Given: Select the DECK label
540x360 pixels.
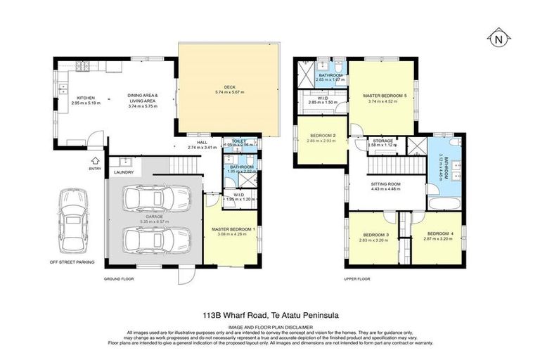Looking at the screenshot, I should click(229, 86).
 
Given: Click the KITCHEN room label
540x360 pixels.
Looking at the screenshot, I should click(86, 98).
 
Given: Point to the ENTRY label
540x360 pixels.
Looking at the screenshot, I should click(96, 169).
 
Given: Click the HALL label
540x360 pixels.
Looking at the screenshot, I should click(202, 141).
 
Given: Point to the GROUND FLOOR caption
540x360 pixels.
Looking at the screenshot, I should click(119, 279).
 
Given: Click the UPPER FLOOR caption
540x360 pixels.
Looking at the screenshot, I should click(358, 279).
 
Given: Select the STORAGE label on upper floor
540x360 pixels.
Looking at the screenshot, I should click(383, 141).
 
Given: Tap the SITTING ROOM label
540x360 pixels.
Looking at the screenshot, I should click(385, 183).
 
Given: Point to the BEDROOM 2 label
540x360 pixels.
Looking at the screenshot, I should click(321, 136).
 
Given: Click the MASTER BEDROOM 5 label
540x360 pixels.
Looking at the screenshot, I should click(385, 95).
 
